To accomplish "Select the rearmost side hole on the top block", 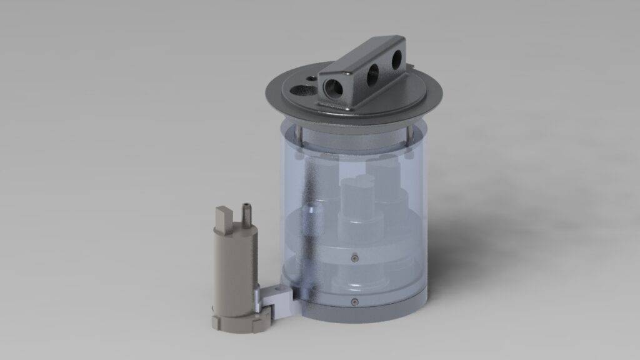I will [x=396, y=60].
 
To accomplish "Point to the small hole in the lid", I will [x=312, y=78].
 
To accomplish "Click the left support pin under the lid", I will [x=299, y=134].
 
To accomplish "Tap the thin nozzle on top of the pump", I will [x=245, y=211].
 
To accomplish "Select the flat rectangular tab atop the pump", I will [x=222, y=219].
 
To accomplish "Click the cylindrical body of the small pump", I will [x=234, y=269].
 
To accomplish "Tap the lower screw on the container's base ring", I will [x=354, y=302].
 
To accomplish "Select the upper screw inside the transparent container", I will [x=354, y=256].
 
